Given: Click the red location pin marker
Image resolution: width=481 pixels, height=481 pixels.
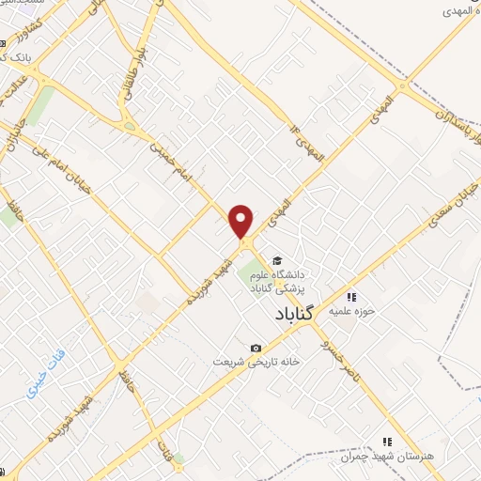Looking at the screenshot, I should [241, 221].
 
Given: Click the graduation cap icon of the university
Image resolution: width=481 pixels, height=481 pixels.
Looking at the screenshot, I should [276, 260].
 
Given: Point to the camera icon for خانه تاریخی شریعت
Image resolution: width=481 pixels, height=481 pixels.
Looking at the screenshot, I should [256, 349].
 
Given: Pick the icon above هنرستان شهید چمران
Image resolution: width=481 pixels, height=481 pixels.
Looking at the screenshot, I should [386, 441].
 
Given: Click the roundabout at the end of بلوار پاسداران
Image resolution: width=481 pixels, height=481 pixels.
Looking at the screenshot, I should [402, 87].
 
